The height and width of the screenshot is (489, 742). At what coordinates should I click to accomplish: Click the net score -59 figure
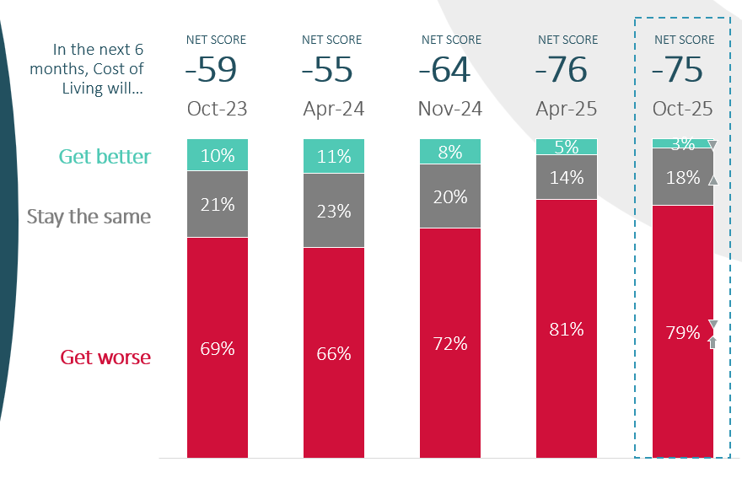(x=217, y=71)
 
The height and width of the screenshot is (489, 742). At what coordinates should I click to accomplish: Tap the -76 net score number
(x=566, y=71)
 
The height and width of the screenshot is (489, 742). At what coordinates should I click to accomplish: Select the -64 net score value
(x=450, y=71)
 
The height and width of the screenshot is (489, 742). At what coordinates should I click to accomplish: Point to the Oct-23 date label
(x=217, y=110)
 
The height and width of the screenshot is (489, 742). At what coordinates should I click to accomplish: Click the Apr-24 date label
(x=333, y=110)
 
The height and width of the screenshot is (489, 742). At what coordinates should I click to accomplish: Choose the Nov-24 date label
(x=450, y=110)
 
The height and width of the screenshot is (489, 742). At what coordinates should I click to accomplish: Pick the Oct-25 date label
(x=683, y=110)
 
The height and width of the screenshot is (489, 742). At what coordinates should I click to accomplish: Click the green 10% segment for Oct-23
(x=217, y=155)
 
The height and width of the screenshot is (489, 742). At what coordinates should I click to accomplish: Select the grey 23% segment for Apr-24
(x=333, y=211)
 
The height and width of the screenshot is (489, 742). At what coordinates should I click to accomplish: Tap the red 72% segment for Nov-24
(x=450, y=342)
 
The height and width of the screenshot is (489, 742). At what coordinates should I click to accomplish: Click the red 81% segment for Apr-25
(x=566, y=329)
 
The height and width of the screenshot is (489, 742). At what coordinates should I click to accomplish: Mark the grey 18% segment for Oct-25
(x=683, y=177)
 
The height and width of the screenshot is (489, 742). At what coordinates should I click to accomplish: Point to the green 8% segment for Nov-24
(x=450, y=152)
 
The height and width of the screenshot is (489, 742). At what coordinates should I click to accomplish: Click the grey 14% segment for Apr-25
(x=566, y=177)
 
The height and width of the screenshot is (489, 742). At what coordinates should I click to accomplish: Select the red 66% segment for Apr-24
(x=333, y=353)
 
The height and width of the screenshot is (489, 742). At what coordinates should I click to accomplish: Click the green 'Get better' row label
(x=105, y=157)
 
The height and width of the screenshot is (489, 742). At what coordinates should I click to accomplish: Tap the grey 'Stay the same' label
(x=89, y=217)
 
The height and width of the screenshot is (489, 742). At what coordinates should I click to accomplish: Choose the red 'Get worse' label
(x=105, y=357)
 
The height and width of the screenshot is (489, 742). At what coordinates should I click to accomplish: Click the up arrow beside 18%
(x=713, y=180)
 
